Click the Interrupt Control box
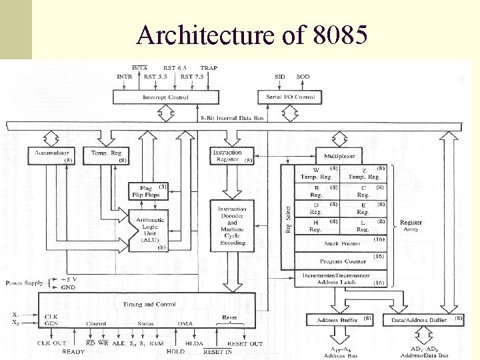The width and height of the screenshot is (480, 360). point(166,97)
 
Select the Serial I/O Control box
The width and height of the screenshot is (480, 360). point(290,97)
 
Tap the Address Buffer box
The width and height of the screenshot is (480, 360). point(339,320)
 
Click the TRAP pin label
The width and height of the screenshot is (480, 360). point(209,68)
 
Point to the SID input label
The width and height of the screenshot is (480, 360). point(280,77)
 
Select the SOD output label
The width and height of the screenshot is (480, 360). point(303,77)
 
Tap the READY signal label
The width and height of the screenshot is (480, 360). point(73,351)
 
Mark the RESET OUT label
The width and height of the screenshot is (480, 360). point(245,343)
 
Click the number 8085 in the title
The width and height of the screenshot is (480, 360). point(339,33)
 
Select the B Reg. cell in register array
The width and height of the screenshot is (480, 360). point(316,193)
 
